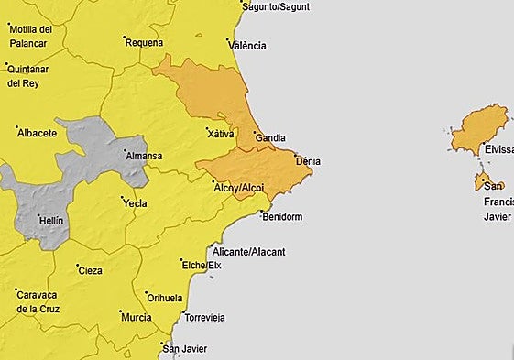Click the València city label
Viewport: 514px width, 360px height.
tap(248, 45)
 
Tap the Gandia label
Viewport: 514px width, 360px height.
tap(269, 138)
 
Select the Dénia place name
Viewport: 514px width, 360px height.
tap(308, 161)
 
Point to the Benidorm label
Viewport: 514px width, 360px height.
tap(281, 217)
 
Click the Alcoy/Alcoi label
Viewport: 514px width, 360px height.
tap(238, 188)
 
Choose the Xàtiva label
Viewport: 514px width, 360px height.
tap(221, 134)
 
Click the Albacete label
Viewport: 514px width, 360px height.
tap(37, 133)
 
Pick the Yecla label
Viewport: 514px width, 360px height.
tap(135, 203)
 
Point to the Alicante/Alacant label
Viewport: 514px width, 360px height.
tap(248, 252)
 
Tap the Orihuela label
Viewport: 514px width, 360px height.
tap(165, 298)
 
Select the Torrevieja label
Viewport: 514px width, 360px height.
tap(204, 318)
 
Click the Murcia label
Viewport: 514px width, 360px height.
tap(136, 317)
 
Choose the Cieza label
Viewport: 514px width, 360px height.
tap(91, 270)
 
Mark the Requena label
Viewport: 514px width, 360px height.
tap(144, 42)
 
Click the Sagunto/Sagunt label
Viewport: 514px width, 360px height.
tap(276, 6)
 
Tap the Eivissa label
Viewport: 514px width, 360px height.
tap(498, 148)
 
